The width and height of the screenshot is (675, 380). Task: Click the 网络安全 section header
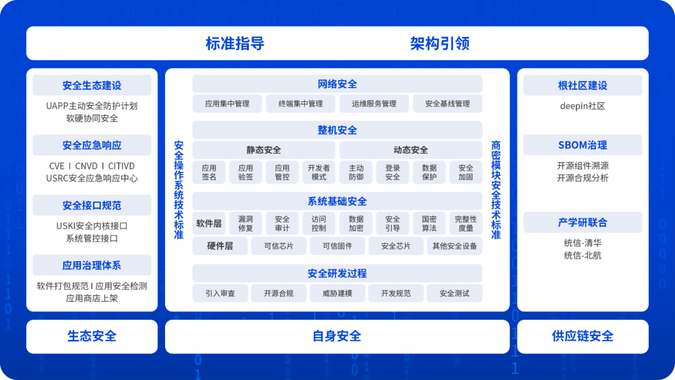(x=337, y=84)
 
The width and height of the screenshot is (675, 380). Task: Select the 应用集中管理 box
(x=227, y=104)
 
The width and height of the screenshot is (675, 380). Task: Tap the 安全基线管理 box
(x=447, y=104)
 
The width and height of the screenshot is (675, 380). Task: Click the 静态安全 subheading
(x=263, y=150)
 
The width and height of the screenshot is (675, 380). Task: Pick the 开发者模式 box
(x=318, y=172)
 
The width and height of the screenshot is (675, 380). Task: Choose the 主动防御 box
(x=356, y=172)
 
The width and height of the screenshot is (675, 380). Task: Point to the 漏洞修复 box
(x=245, y=224)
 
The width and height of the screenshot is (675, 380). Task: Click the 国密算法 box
(x=429, y=224)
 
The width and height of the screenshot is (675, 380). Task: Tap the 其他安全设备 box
(x=454, y=246)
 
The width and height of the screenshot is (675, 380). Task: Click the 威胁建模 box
(x=337, y=293)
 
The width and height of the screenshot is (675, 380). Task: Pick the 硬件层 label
(x=220, y=246)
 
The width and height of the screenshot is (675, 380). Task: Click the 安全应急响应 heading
(x=92, y=146)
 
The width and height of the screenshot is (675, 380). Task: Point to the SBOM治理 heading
(x=582, y=145)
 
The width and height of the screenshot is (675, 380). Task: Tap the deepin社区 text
(x=582, y=106)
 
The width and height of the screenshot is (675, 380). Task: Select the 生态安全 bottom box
(x=92, y=336)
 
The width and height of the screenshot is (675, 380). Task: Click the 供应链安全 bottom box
(x=582, y=336)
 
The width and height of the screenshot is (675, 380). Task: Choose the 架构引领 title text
(x=439, y=44)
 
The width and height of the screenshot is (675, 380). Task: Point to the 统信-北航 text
(x=582, y=256)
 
